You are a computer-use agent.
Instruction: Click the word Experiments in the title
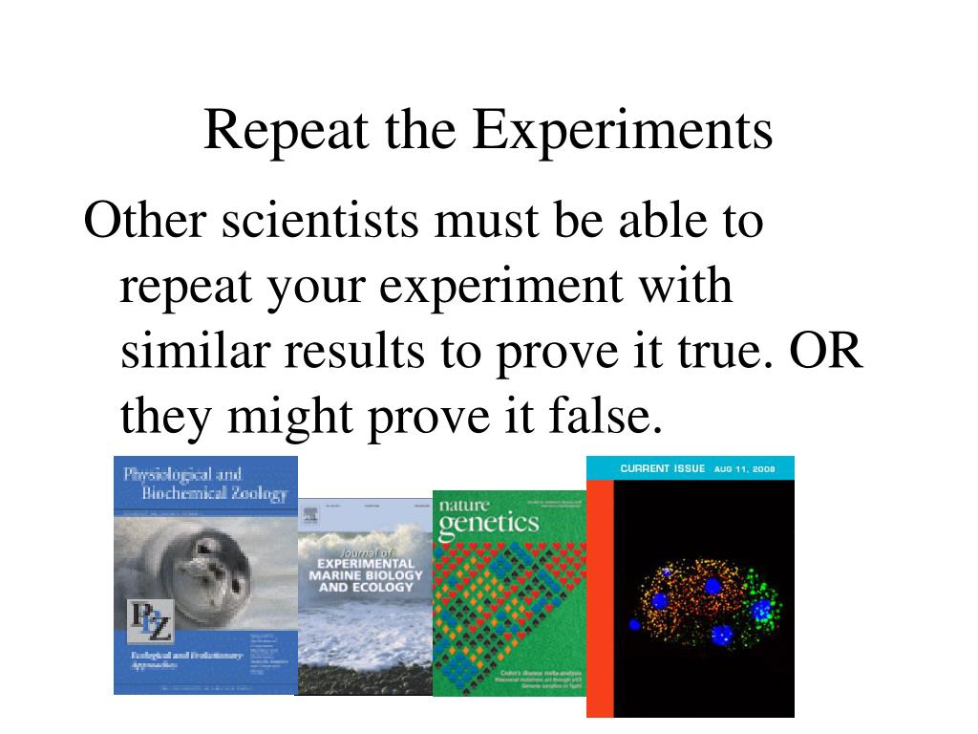click(622, 131)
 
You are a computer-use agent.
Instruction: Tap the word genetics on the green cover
click(488, 523)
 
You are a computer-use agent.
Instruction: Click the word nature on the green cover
click(462, 503)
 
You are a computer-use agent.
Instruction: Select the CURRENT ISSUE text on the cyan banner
click(662, 468)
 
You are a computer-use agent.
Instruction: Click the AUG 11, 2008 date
click(744, 469)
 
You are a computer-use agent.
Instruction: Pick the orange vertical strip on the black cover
click(599, 597)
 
